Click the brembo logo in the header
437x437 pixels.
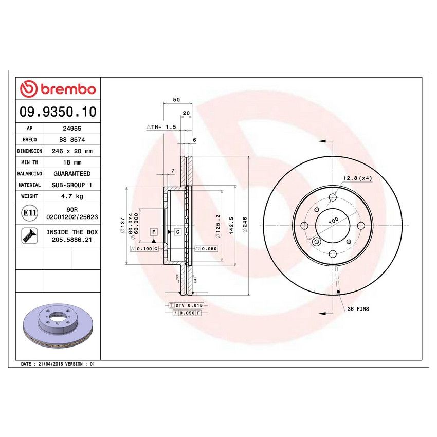pos(58,88)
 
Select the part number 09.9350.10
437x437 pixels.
pos(58,112)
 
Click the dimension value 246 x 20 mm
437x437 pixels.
pos(71,151)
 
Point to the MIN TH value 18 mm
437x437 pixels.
pos(71,162)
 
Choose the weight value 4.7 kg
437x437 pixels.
pos(71,196)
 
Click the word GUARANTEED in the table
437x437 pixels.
pos(71,174)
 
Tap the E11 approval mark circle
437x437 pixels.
pos(29,213)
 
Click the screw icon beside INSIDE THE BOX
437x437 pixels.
pos(29,236)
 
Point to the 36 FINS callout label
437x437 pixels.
pos(358,309)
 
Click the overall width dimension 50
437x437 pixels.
pos(176,99)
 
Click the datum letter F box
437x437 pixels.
pos(153,232)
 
